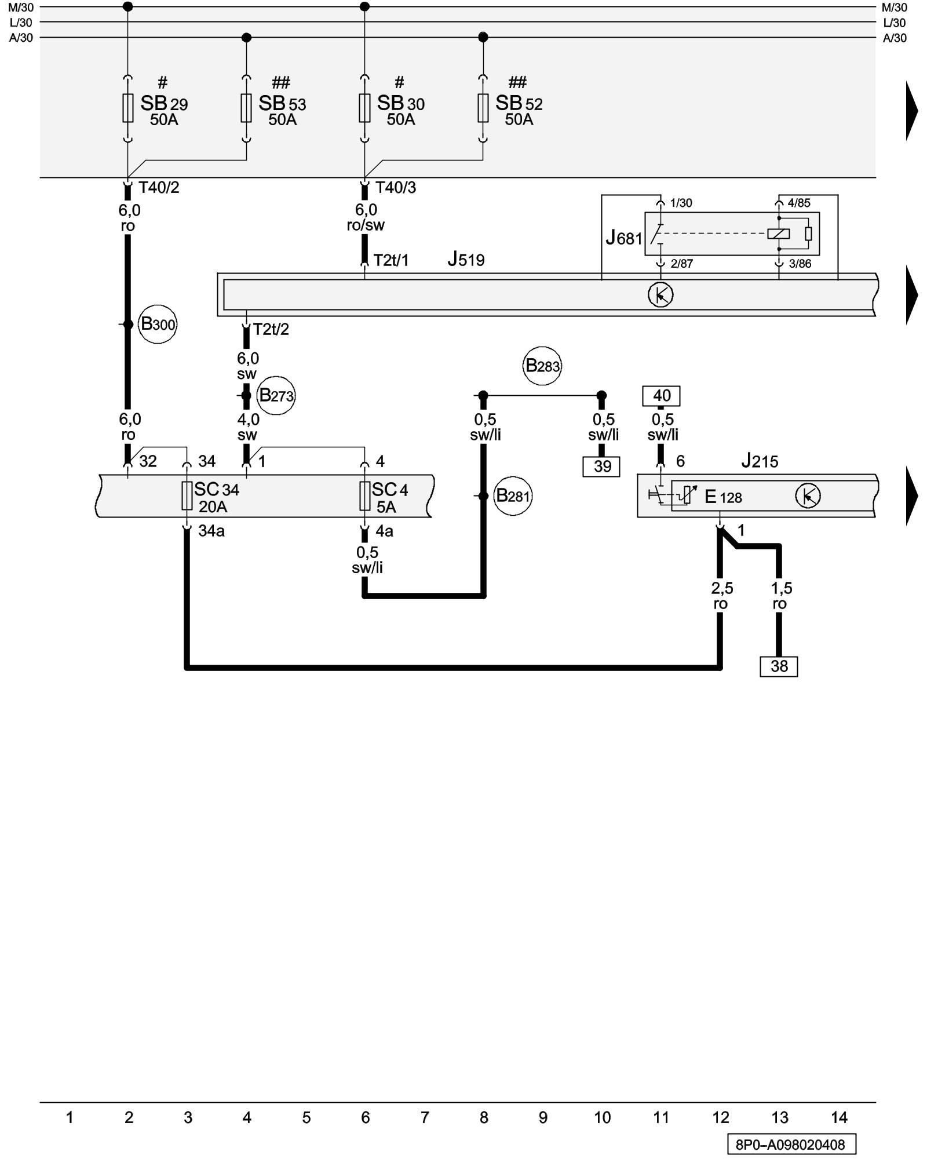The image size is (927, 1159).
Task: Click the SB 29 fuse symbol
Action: (128, 108)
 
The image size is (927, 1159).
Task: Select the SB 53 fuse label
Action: (282, 104)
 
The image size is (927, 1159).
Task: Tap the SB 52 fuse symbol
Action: (483, 108)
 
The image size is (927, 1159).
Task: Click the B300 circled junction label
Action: (158, 324)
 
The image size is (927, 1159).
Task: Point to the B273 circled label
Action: (276, 395)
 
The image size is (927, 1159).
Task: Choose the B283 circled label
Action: (542, 366)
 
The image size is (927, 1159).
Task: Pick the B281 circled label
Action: (513, 496)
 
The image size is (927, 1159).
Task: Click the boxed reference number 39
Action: (601, 466)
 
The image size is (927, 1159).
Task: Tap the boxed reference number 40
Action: (662, 396)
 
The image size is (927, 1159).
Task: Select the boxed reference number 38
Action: (779, 666)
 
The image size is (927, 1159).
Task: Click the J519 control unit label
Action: (466, 259)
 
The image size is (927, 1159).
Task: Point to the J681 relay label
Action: (624, 238)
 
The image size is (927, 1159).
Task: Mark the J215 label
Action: (760, 461)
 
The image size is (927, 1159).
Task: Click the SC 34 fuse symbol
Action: (187, 496)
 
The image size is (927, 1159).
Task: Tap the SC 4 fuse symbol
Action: (365, 496)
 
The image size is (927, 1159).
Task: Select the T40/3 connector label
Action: (396, 187)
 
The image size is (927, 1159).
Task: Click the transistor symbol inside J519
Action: (660, 295)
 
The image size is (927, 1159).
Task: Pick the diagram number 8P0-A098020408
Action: (791, 1145)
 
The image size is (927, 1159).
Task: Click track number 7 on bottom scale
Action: (425, 1117)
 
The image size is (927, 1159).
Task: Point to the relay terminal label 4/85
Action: (799, 203)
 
